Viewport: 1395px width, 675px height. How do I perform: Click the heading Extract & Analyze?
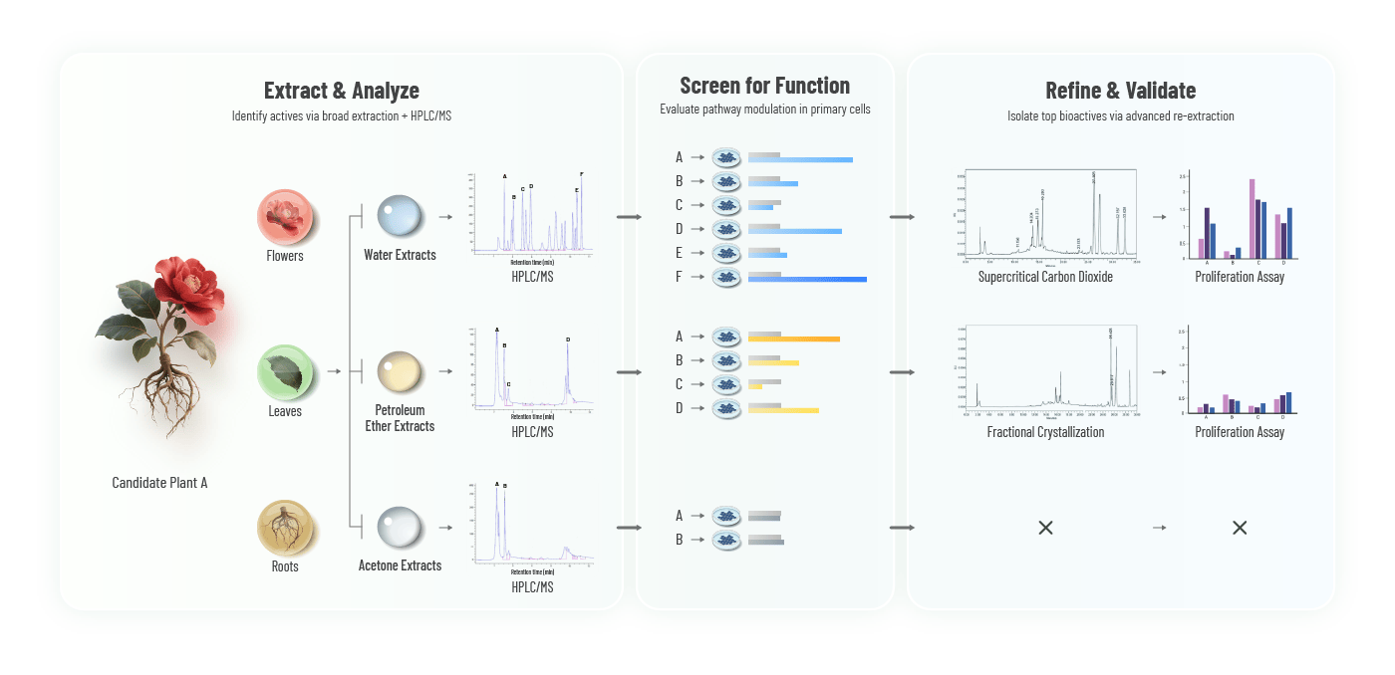pyautogui.click(x=341, y=91)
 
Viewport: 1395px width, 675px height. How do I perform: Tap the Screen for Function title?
pyautogui.click(x=764, y=86)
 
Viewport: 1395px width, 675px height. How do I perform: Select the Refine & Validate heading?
pyautogui.click(x=1120, y=91)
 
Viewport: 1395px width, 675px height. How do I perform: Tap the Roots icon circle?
pyautogui.click(x=285, y=528)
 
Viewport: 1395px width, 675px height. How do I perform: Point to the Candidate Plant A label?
pyautogui.click(x=159, y=483)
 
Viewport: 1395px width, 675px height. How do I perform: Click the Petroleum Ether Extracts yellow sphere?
pyautogui.click(x=400, y=372)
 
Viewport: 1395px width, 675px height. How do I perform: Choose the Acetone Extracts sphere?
pyautogui.click(x=400, y=528)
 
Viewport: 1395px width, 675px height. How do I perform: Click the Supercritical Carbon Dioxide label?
pyautogui.click(x=1045, y=277)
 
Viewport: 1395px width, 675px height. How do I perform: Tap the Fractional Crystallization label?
pyautogui.click(x=1045, y=432)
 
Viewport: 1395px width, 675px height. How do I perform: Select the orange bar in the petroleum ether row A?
pyautogui.click(x=794, y=339)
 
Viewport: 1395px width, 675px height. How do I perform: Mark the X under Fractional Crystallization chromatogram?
pyautogui.click(x=1045, y=528)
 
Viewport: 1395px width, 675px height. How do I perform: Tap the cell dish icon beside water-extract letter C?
pyautogui.click(x=727, y=205)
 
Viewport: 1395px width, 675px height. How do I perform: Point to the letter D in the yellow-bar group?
pyautogui.click(x=679, y=408)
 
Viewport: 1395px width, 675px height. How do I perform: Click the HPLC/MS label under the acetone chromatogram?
pyautogui.click(x=532, y=587)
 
